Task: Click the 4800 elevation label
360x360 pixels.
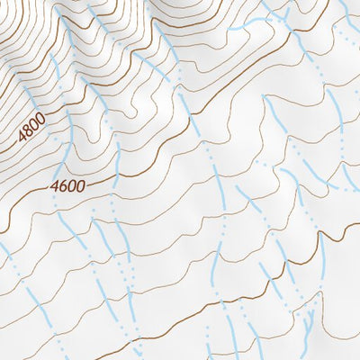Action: [x=31, y=130]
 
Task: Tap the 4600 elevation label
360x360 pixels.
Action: [x=67, y=187]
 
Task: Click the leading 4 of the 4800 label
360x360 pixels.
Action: [x=22, y=141]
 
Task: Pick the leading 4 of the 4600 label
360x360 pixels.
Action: [x=55, y=188]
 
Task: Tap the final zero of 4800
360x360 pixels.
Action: [x=39, y=120]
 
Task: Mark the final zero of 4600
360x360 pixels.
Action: [x=81, y=186]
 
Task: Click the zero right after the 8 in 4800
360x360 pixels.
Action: [x=33, y=126]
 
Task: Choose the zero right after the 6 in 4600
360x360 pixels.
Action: [x=72, y=187]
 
